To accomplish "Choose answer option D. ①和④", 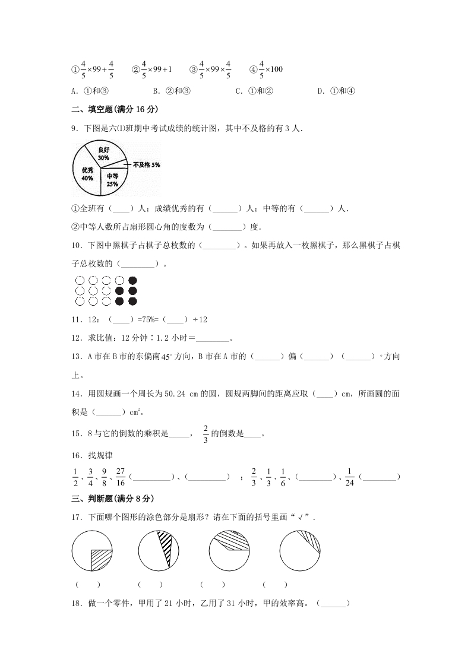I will click(x=336, y=91).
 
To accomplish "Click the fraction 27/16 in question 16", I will click(x=121, y=477).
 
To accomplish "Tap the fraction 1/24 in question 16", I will click(x=350, y=477).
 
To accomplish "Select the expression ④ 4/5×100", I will click(x=266, y=69).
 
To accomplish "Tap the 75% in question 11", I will click(x=146, y=319).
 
